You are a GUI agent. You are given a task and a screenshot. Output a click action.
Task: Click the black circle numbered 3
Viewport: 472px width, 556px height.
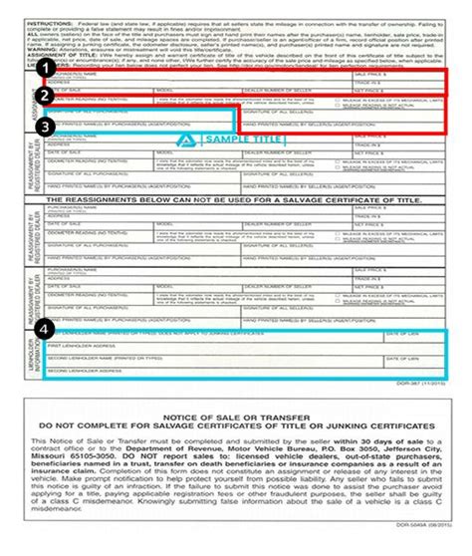[x=44, y=129]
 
